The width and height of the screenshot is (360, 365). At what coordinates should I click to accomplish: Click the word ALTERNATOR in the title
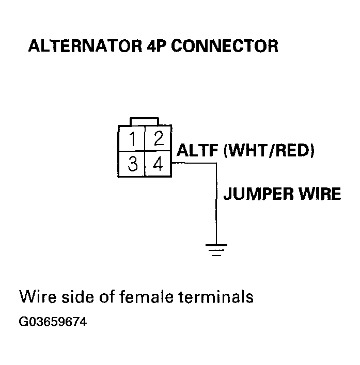[x=81, y=46]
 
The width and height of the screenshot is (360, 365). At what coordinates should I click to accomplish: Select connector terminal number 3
[x=132, y=165]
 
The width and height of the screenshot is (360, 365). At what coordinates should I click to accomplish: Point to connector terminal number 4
[x=158, y=165]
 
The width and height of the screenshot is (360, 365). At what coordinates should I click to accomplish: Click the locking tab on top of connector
[x=145, y=121]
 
